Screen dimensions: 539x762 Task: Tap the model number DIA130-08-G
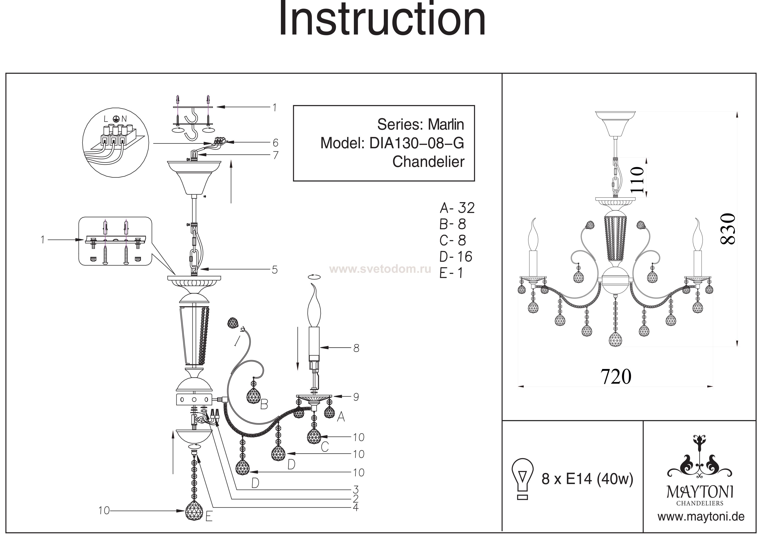[416, 143]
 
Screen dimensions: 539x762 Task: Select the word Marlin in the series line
[446, 125]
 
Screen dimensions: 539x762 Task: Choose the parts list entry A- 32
[457, 208]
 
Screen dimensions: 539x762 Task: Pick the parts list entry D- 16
[456, 257]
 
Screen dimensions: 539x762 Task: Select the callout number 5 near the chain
[275, 270]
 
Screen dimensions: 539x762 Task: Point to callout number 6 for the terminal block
[275, 143]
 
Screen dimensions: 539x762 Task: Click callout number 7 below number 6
[275, 155]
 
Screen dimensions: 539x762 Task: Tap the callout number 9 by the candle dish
[356, 397]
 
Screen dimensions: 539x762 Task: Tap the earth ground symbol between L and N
[116, 119]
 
